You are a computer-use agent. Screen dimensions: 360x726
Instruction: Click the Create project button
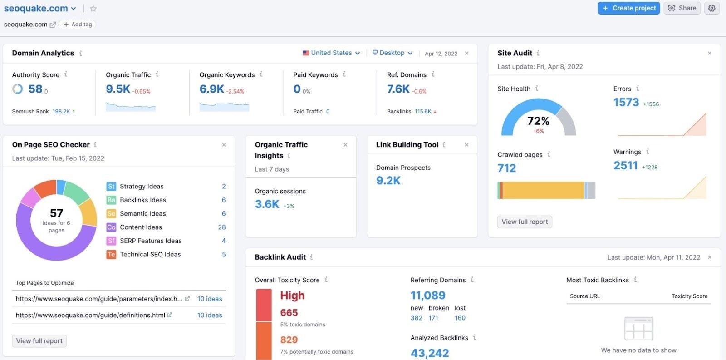[628, 8]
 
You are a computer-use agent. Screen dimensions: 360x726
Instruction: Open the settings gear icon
[711, 8]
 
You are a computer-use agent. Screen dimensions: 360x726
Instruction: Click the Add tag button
[78, 25]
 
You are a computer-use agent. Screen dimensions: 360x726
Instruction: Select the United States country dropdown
[331, 53]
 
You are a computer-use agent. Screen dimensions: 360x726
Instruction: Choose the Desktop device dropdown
[392, 53]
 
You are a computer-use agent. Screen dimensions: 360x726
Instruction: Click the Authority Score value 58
[35, 89]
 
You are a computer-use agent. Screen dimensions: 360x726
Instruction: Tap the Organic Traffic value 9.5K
[118, 89]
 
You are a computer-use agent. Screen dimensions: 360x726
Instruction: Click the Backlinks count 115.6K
[423, 111]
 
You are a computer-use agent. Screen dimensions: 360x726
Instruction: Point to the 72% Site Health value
[538, 121]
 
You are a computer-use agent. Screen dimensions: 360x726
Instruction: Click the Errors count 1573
[626, 103]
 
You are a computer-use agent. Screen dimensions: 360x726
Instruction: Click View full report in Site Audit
[525, 222]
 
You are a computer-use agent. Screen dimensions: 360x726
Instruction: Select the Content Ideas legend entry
[141, 227]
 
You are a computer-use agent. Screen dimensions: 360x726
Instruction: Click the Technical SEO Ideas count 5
[224, 255]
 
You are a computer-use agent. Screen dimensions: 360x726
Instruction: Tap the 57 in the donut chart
[56, 213]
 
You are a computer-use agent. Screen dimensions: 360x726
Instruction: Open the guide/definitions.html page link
[90, 315]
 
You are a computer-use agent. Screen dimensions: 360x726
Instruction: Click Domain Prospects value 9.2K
[388, 181]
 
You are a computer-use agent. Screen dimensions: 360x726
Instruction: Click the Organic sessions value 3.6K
[267, 204]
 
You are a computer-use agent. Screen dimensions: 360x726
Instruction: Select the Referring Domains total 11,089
[428, 296]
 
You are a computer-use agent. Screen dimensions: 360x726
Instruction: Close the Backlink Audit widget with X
[710, 257]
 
